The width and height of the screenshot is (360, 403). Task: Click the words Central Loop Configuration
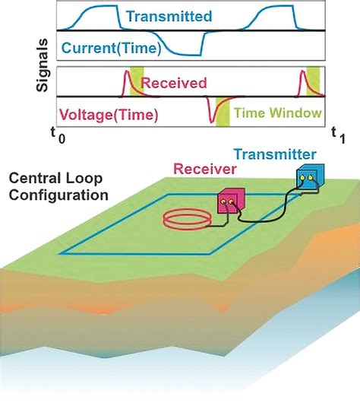[x=58, y=188]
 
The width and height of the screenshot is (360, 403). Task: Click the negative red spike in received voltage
[x=210, y=112]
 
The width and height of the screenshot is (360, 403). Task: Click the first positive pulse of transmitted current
[x=96, y=15]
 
